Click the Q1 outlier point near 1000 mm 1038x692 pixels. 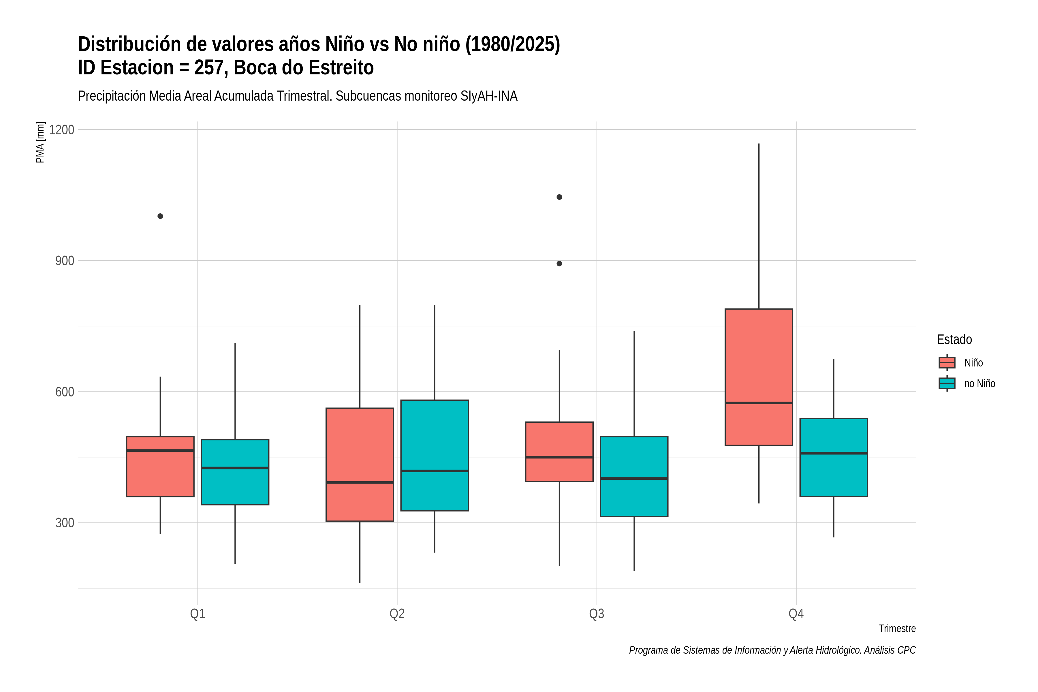coord(160,216)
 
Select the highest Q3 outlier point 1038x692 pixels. coord(559,197)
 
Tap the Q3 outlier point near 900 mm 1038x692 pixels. coord(559,264)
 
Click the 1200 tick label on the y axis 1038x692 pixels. coord(61,130)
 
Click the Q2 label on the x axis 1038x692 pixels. coord(397,614)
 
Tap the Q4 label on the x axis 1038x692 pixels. coord(796,614)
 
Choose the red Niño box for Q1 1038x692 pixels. coord(160,467)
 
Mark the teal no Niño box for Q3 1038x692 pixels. coord(634,476)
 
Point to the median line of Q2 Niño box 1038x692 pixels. coord(360,482)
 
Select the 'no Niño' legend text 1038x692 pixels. coord(980,383)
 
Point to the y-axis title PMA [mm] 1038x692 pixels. coord(40,142)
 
